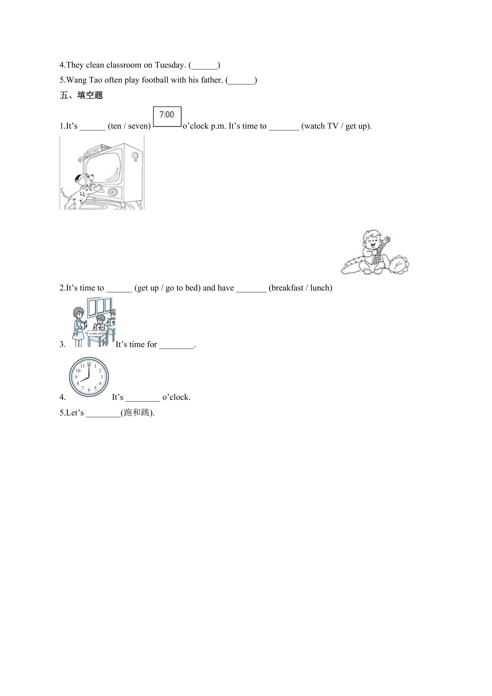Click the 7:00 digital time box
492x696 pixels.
[x=167, y=116]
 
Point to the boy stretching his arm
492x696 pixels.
[x=374, y=252]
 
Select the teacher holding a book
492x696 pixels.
[x=79, y=327]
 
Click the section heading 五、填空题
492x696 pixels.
[x=81, y=95]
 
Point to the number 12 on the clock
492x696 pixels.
[x=89, y=364]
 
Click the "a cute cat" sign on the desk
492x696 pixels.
[x=95, y=334]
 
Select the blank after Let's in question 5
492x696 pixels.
[x=103, y=416]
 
